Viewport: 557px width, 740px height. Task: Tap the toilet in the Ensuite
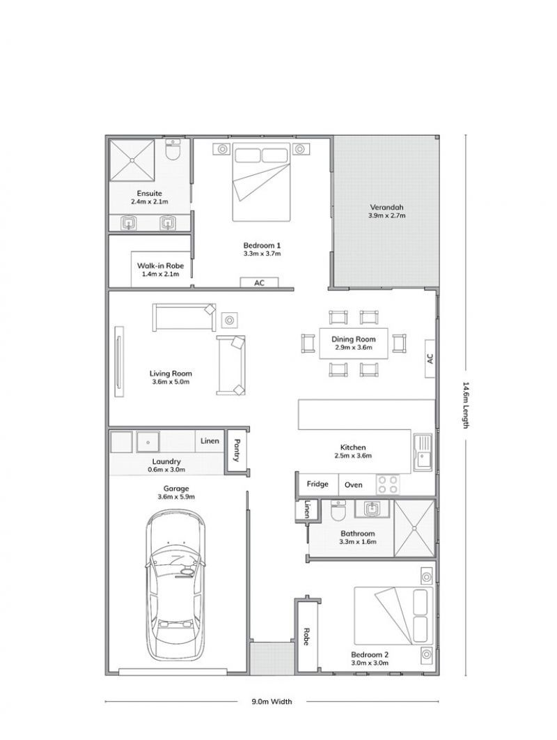(173, 150)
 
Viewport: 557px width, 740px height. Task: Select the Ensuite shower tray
(132, 160)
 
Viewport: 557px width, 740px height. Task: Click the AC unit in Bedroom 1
(259, 283)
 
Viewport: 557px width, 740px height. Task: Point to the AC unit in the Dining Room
(430, 359)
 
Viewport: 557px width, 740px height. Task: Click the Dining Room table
(354, 343)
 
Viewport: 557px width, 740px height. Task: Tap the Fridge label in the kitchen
(317, 484)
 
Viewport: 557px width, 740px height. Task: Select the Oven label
(353, 485)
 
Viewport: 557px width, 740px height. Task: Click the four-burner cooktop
(388, 485)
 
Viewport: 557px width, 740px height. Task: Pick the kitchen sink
(423, 452)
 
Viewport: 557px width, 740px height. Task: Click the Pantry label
(237, 450)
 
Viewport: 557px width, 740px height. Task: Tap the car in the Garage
(176, 586)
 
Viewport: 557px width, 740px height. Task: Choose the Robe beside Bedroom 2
(306, 636)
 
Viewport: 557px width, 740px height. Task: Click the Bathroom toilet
(338, 510)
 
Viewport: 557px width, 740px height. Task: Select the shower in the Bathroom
(414, 529)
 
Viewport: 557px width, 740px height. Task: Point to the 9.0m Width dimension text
(272, 701)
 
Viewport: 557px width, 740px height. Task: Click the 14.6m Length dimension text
(466, 405)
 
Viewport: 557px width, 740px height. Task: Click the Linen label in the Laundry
(210, 441)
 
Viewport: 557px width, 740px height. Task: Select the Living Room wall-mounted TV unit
(118, 361)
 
